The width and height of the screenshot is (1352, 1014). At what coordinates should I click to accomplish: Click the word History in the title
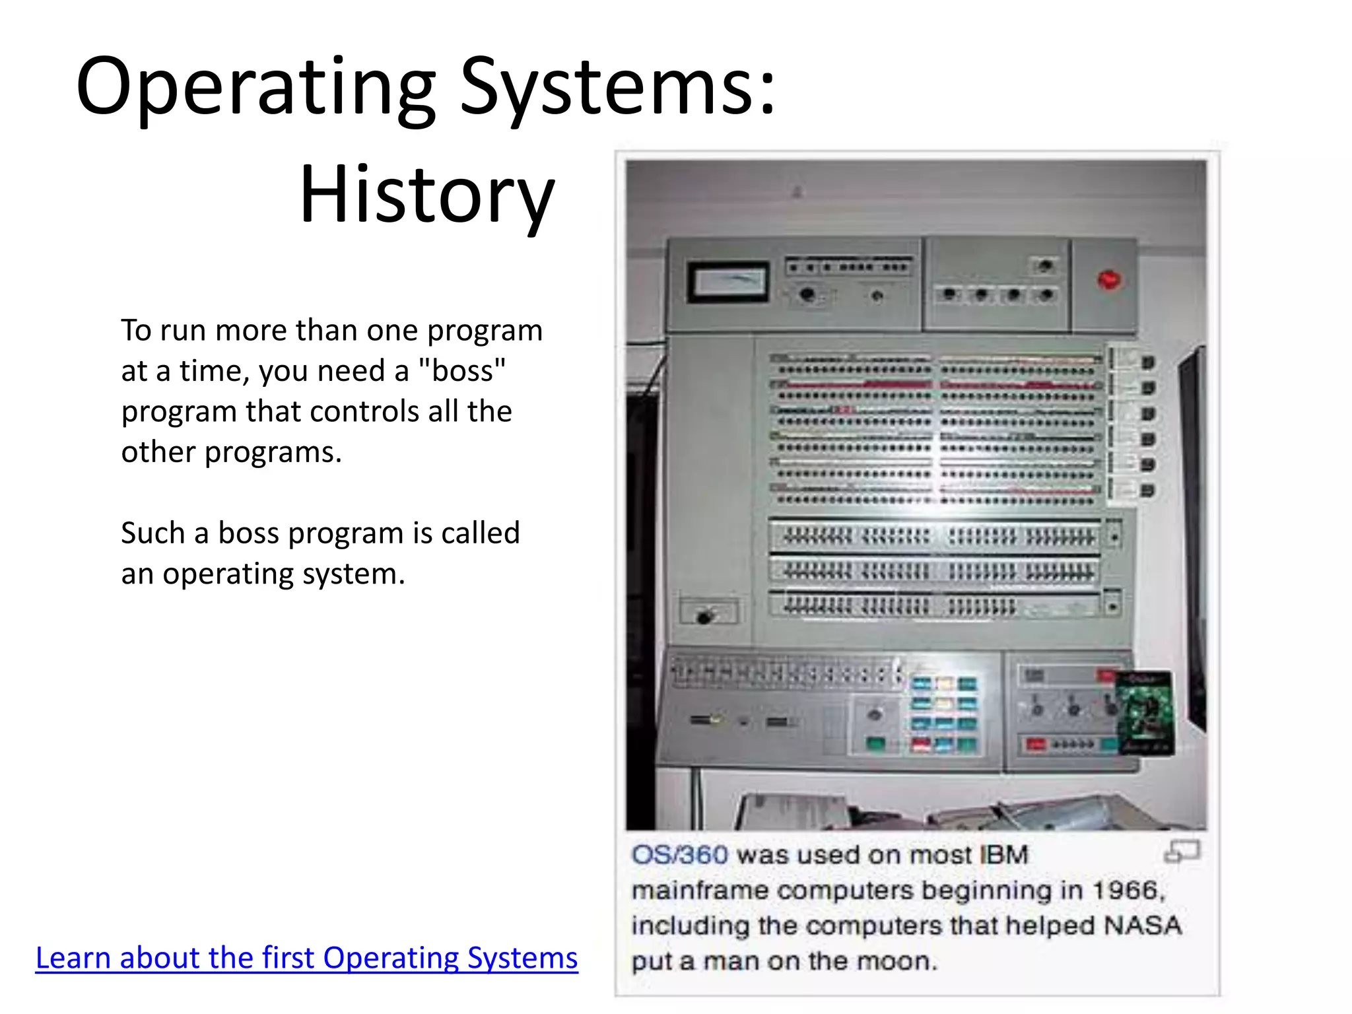click(427, 195)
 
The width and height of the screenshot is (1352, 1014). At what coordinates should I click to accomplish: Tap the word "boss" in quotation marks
click(462, 371)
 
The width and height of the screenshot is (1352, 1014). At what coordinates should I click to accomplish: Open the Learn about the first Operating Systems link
click(306, 958)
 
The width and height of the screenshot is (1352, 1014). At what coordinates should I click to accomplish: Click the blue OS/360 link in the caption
click(679, 855)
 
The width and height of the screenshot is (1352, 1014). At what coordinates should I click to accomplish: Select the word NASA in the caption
click(1143, 926)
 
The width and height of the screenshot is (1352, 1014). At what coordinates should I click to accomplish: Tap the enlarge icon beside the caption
click(1181, 852)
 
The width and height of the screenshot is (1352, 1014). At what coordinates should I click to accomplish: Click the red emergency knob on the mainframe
click(1108, 280)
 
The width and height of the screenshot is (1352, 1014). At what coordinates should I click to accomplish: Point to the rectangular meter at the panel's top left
click(728, 282)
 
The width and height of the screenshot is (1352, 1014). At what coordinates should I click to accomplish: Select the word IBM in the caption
click(1004, 855)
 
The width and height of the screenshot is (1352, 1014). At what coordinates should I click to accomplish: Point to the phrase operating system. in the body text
click(284, 574)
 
